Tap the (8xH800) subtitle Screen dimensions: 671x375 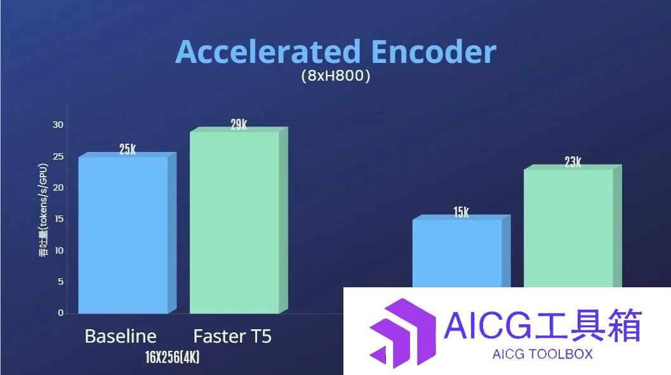pos(335,76)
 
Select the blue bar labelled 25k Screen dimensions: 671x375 pos(127,233)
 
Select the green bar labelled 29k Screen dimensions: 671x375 pos(238,221)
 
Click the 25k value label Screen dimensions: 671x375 pos(128,149)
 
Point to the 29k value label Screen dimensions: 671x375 pos(239,125)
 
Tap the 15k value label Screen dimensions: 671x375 pos(462,212)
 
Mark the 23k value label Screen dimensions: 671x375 pos(573,162)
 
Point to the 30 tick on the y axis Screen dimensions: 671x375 pos(58,125)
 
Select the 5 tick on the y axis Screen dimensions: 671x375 pos(60,282)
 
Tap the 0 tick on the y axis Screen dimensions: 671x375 pos(60,313)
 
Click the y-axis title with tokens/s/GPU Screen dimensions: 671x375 pos(43,210)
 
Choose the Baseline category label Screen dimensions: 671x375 pos(121,336)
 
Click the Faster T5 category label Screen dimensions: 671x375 pos(232,336)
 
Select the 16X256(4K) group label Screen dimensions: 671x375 pos(173,357)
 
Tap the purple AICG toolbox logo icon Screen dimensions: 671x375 pos(402,333)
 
